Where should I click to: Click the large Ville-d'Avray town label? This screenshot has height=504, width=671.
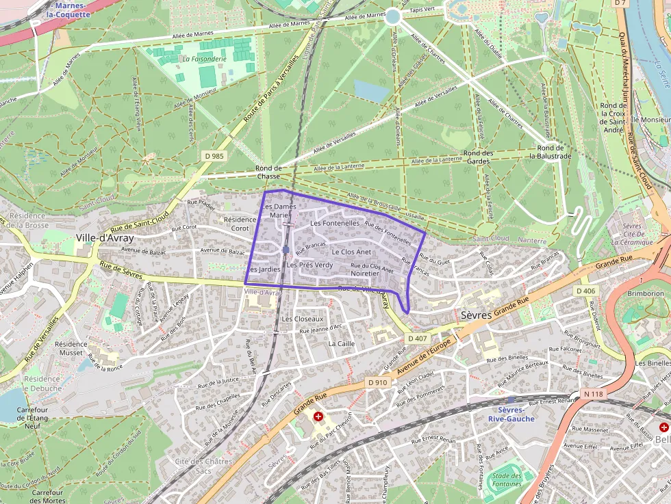(105, 238)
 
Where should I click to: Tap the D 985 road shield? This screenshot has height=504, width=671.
(214, 156)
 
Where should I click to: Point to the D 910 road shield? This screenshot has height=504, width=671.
(377, 382)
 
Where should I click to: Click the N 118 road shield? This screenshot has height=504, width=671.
(593, 394)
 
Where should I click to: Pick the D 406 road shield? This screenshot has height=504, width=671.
(586, 291)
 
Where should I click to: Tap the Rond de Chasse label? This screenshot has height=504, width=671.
(268, 172)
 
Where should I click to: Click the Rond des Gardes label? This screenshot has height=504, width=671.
(478, 157)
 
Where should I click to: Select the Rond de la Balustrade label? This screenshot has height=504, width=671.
(550, 152)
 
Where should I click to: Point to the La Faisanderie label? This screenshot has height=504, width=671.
(205, 59)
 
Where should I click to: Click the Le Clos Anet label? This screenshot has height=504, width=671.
(351, 252)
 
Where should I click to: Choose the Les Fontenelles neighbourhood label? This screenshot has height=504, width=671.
(335, 223)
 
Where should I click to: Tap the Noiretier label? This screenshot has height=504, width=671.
(364, 273)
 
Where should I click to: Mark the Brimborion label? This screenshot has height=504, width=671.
(645, 293)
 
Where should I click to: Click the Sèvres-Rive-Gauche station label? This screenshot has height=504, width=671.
(511, 414)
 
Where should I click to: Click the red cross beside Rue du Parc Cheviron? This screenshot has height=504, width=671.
(318, 416)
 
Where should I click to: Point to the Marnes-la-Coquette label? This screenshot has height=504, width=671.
(73, 10)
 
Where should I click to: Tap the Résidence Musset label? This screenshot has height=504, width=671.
(71, 348)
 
